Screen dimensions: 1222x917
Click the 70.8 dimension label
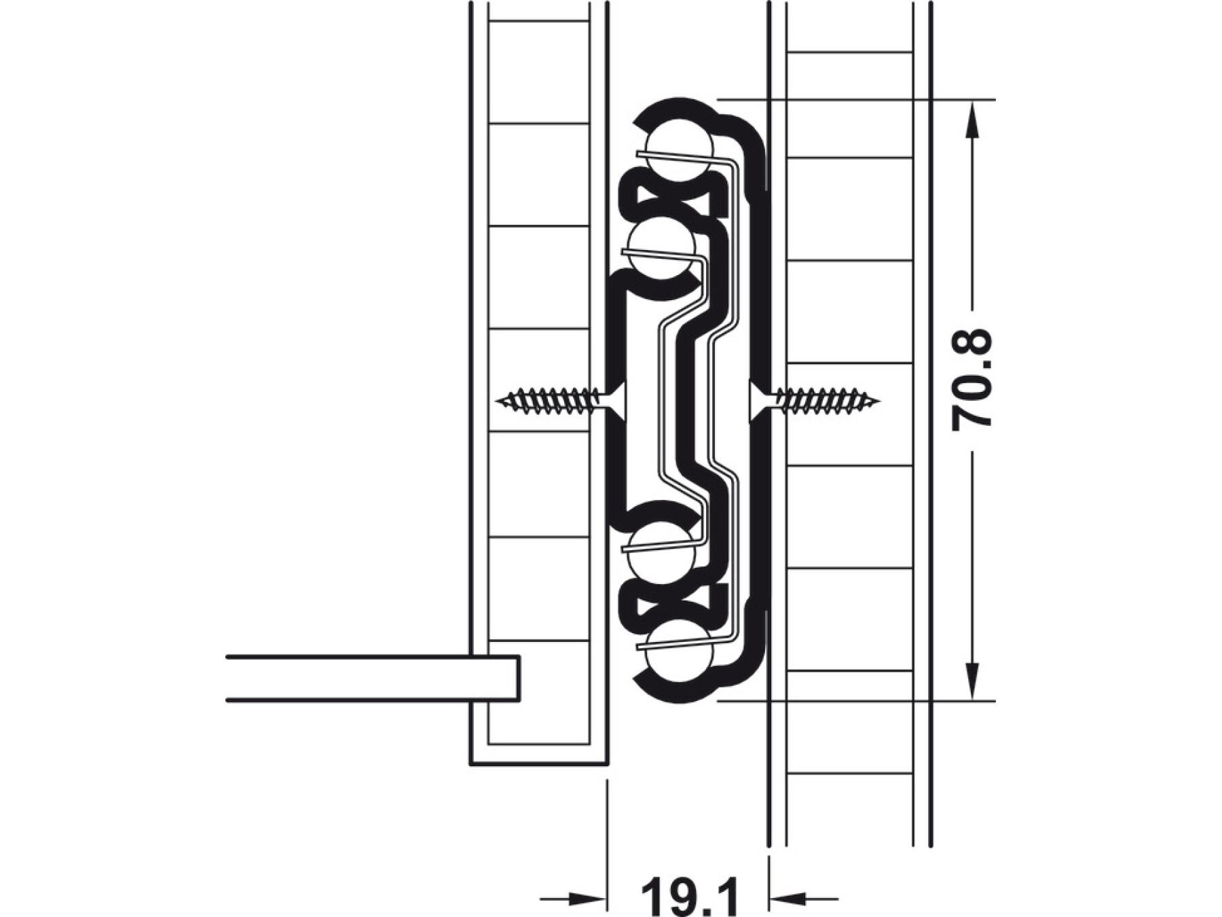coord(972,380)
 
